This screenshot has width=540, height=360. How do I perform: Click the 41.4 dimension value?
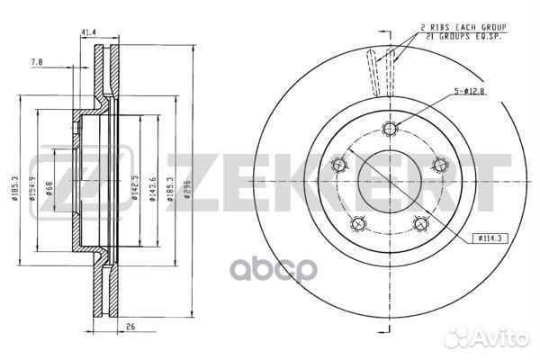[x=87, y=33]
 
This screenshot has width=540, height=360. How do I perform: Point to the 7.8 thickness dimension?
[x=35, y=62]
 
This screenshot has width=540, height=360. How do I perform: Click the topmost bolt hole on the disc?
[x=389, y=128]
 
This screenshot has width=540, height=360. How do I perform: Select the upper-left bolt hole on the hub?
[x=339, y=165]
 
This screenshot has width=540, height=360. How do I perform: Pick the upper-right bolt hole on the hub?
[x=439, y=164]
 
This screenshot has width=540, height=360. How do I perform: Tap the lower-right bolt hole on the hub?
[x=420, y=223]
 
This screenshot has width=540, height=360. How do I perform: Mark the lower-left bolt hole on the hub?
[x=358, y=223]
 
